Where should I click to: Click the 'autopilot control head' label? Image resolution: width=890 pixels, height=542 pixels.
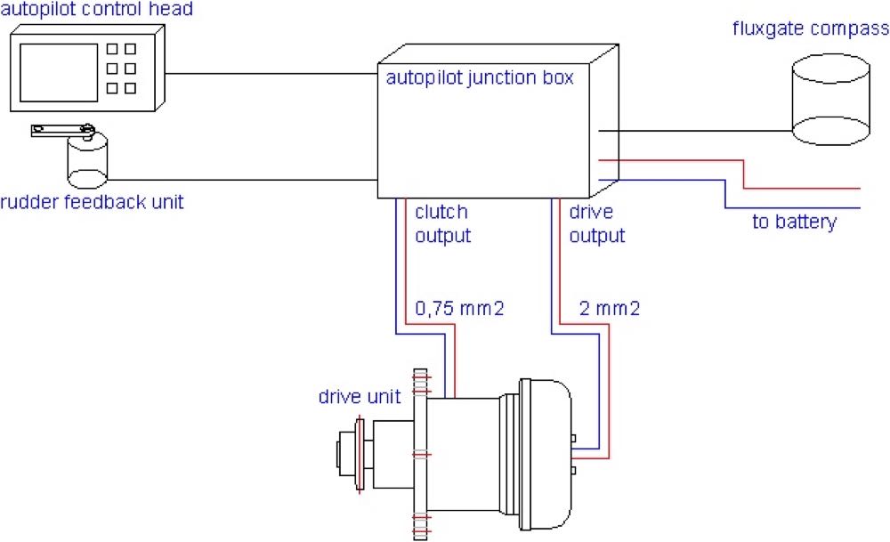pyautogui.click(x=97, y=10)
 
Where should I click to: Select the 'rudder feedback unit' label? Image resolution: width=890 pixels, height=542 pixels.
pyautogui.click(x=92, y=202)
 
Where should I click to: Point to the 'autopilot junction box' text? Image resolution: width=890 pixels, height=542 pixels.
pyautogui.click(x=480, y=77)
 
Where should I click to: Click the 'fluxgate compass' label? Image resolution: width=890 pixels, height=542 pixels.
pyautogui.click(x=810, y=28)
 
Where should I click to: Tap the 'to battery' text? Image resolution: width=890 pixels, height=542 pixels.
pyautogui.click(x=794, y=222)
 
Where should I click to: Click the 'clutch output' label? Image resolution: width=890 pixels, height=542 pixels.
pyautogui.click(x=442, y=224)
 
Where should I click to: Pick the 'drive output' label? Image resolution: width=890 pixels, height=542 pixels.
pyautogui.click(x=597, y=224)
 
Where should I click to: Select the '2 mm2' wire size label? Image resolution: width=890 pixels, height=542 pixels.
pyautogui.click(x=609, y=309)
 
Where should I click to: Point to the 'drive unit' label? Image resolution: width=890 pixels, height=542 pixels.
pyautogui.click(x=360, y=397)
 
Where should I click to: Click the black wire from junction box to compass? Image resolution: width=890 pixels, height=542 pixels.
pyautogui.click(x=694, y=131)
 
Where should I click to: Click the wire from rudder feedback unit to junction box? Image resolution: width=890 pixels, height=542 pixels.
pyautogui.click(x=240, y=179)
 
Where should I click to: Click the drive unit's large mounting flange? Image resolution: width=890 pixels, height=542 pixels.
pyautogui.click(x=420, y=454)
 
